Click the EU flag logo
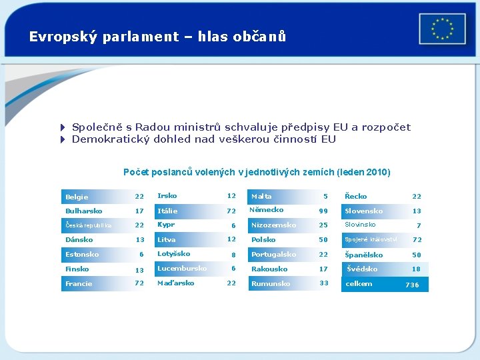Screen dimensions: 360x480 pos(442,29)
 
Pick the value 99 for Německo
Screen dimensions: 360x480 pos(323,211)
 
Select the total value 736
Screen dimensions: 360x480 pos(412,285)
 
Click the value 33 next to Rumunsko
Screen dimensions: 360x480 pos(323,283)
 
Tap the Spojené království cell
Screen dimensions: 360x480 pos(371,239)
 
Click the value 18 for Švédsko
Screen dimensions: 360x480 pos(416,269)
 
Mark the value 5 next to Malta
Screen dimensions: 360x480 pos(325,197)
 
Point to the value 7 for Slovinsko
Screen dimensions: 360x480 pos(418,226)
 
